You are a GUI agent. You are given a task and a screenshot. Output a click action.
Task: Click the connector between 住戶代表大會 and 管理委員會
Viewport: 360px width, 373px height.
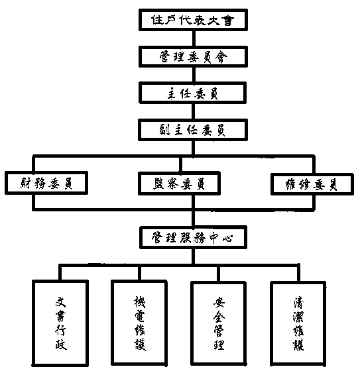194,38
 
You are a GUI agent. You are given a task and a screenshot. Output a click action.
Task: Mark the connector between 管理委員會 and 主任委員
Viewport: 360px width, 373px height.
194,75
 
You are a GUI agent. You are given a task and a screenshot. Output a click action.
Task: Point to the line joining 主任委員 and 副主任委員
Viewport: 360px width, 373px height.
194,111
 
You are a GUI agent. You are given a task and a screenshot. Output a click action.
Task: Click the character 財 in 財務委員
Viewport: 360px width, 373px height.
25,183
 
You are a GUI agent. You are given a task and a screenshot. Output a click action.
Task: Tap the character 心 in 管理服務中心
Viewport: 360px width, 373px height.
228,238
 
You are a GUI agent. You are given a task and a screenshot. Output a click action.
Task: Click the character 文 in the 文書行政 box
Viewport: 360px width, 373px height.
60,302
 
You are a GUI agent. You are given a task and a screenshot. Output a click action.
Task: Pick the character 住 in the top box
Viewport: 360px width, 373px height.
157,20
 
